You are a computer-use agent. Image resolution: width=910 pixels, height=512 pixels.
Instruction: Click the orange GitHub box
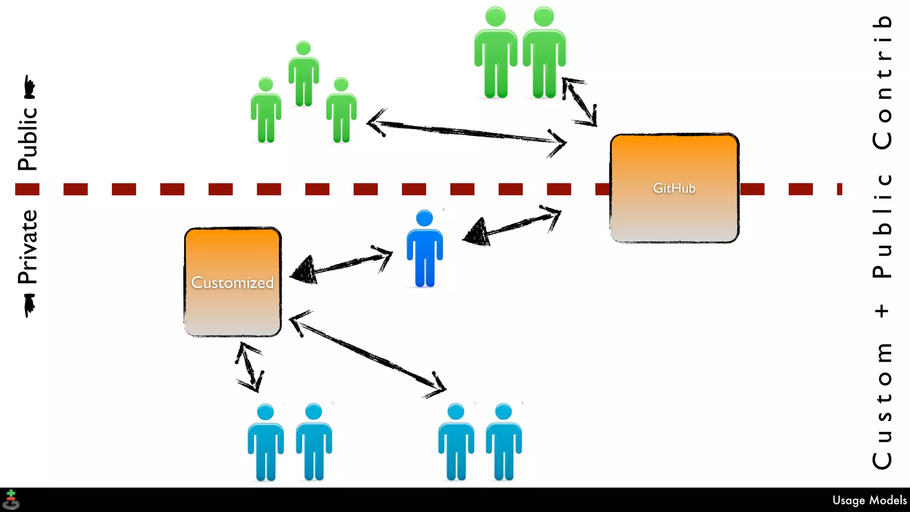pos(674,188)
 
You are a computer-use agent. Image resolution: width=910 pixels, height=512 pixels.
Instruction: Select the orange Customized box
pos(232,282)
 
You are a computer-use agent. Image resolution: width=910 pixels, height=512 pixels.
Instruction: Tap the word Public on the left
pos(28,139)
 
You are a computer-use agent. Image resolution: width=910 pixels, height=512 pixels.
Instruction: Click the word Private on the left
pos(28,247)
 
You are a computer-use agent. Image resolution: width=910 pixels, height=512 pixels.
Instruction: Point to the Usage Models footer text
pos(869,500)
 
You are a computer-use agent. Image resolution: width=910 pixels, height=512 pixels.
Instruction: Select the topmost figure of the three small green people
pos(303,74)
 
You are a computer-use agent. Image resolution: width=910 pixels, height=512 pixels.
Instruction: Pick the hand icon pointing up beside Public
pos(29,87)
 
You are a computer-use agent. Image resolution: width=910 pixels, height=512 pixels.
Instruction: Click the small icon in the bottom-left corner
pos(11,500)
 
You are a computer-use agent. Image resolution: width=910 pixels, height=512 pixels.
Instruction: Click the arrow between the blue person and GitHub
pos(511,227)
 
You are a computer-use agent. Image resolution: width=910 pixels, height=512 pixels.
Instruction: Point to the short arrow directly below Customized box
pos(249,367)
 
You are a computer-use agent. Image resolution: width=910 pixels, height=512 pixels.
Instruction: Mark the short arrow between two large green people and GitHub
pos(579,102)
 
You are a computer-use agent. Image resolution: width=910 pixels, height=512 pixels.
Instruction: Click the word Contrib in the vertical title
pos(882,82)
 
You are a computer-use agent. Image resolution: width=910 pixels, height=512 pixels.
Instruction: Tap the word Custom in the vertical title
pos(882,404)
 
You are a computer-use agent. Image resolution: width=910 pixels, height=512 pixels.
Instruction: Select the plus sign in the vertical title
pos(882,310)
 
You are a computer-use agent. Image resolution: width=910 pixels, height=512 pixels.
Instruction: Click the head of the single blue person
pos(424,218)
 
